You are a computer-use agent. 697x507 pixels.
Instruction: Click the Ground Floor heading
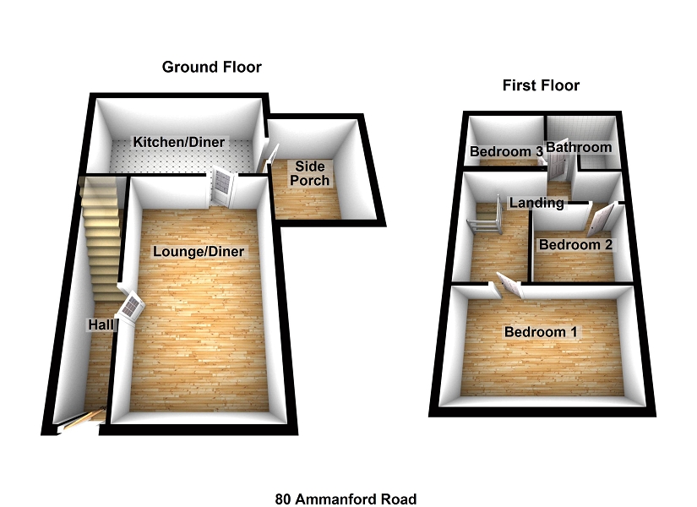pos(212,67)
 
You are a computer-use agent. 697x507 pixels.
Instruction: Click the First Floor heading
pos(541,85)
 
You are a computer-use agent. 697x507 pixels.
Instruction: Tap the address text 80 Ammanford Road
pos(346,499)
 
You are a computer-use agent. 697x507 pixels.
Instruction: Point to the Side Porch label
pos(312,173)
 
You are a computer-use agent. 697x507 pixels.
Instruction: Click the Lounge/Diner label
pos(199,251)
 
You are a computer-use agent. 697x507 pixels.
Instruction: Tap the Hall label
pos(101,324)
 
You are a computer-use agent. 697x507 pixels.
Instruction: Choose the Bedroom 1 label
pos(541,332)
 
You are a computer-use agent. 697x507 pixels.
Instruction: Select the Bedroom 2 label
pos(575,245)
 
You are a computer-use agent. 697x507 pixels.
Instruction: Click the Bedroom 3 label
pos(505,152)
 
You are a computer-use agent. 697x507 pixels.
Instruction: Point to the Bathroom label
pos(579,148)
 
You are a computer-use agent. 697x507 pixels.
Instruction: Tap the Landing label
pos(536,203)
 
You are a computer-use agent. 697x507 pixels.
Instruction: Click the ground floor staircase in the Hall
pos(100,228)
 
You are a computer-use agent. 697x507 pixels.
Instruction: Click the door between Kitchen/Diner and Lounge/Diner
pos(221,186)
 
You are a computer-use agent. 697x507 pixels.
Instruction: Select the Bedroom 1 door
pos(509,286)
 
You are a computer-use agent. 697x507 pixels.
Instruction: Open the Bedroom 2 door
pos(599,221)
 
